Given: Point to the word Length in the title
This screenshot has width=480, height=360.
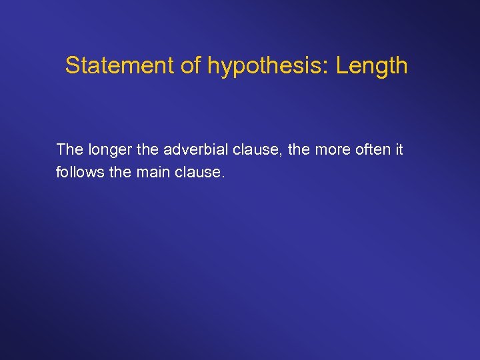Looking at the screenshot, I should pyautogui.click(x=371, y=65).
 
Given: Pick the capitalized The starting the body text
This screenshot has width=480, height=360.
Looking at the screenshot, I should pyautogui.click(x=69, y=149).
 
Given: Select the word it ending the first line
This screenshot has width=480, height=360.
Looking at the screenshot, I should pyautogui.click(x=399, y=149).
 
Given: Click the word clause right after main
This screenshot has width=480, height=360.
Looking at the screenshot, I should pyautogui.click(x=198, y=172).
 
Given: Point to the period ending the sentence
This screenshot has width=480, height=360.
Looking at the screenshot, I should pyautogui.click(x=223, y=177).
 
